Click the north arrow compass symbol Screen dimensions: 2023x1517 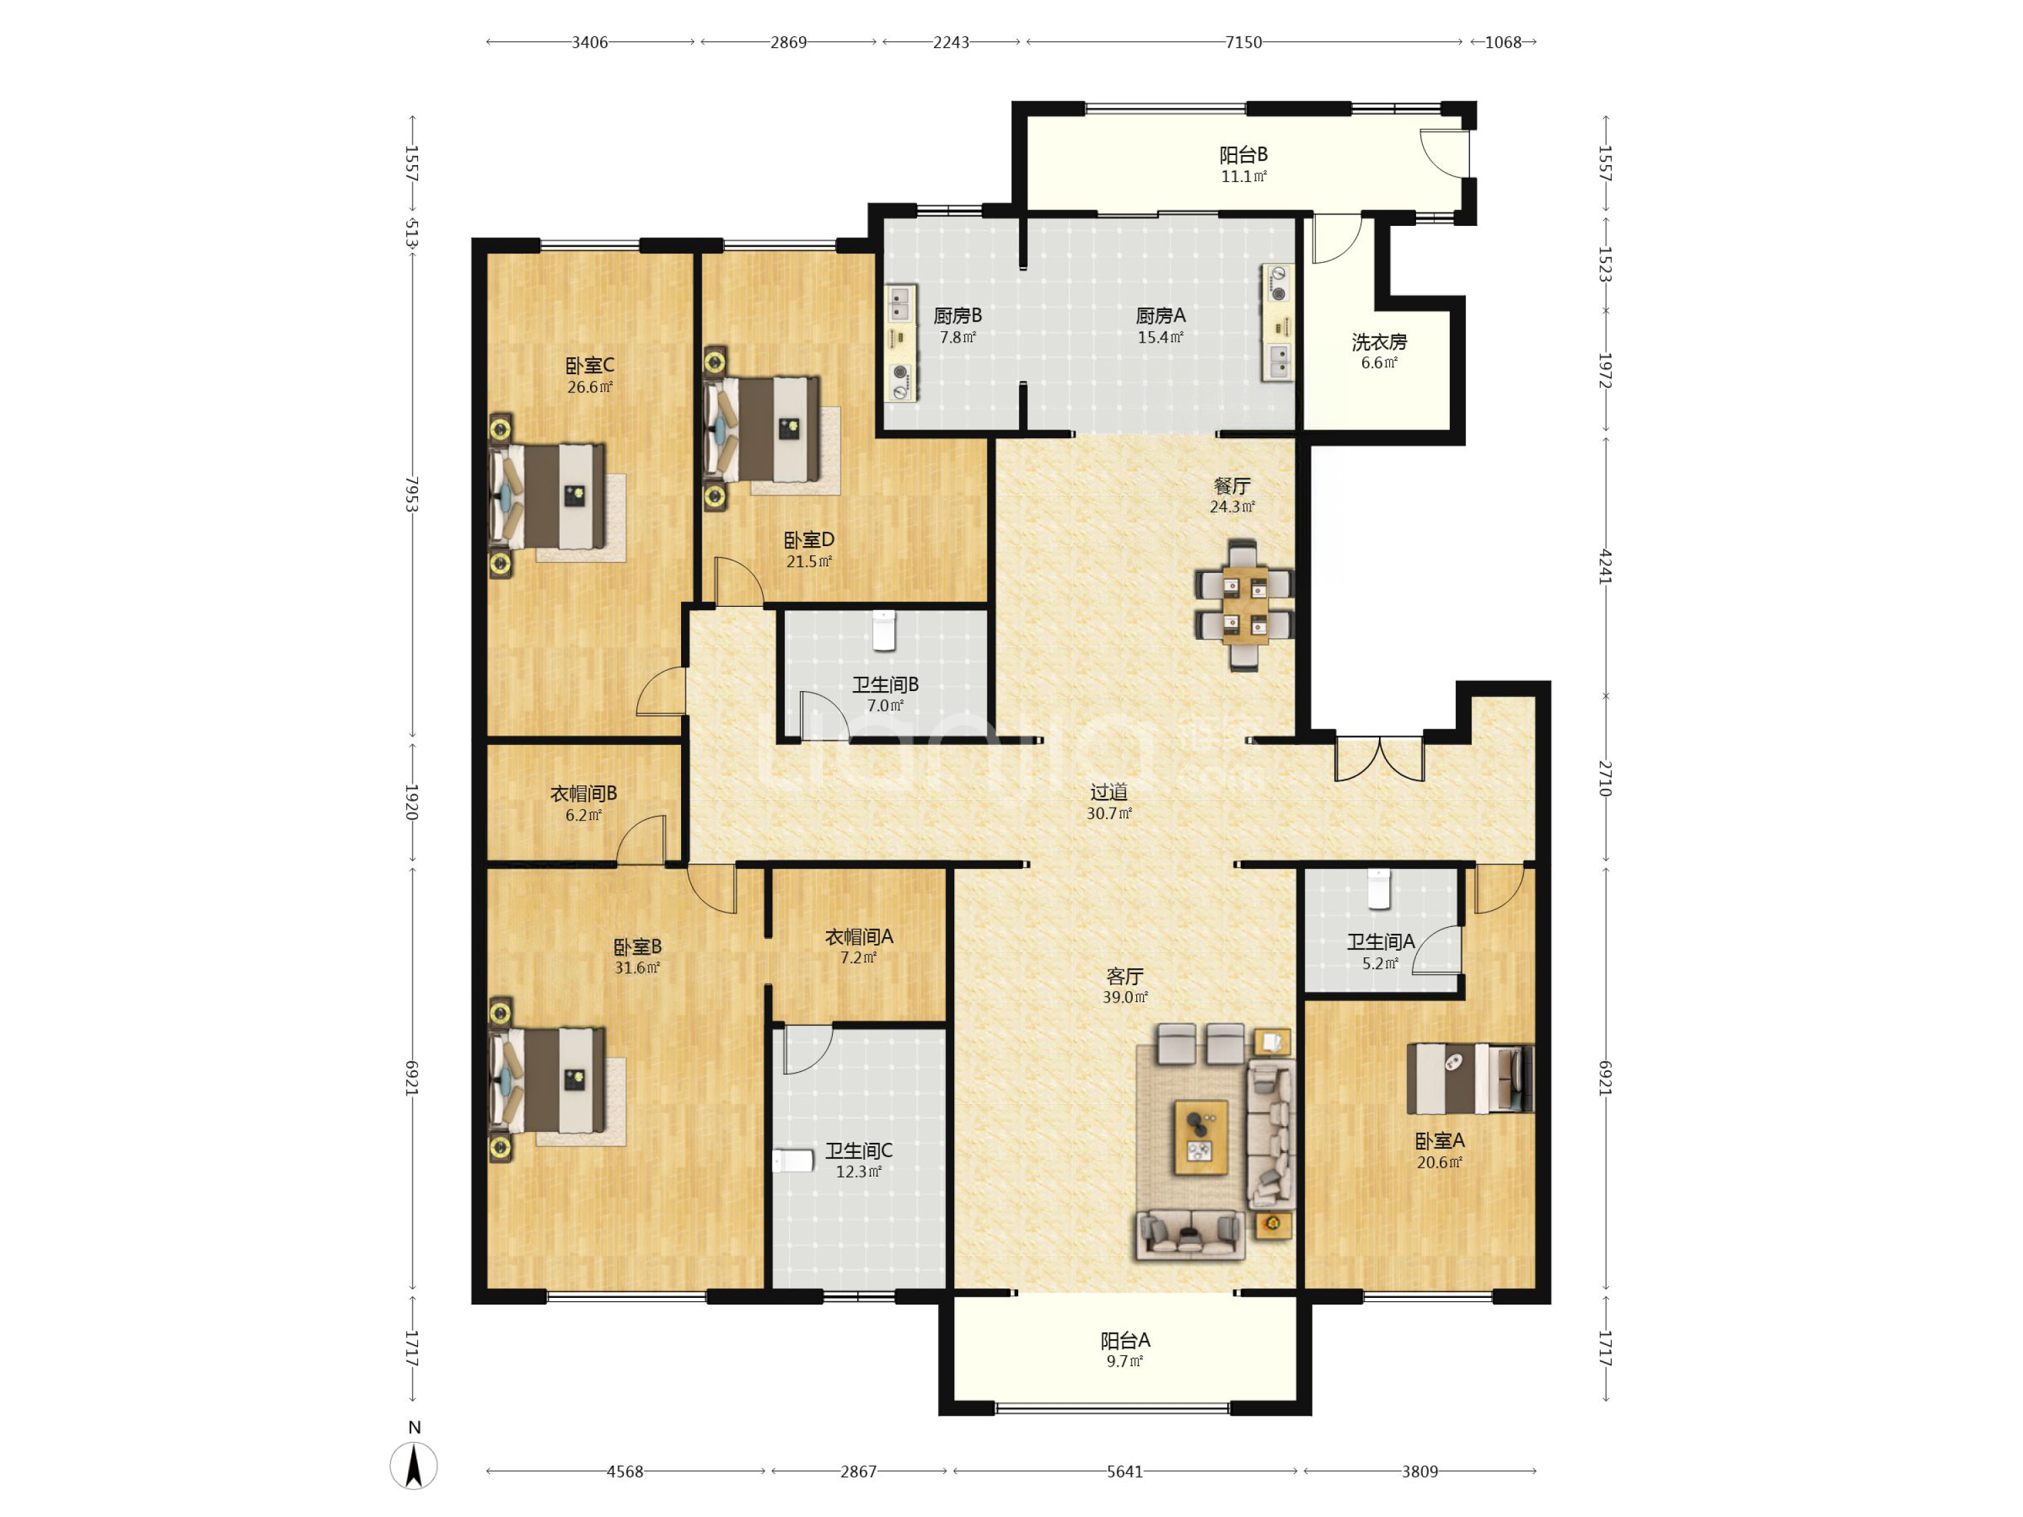coord(413,1466)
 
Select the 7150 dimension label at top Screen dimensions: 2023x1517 coord(1243,42)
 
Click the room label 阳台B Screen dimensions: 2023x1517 coord(1243,154)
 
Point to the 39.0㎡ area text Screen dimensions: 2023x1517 coord(1124,997)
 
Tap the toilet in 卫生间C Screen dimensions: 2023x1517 coord(792,1161)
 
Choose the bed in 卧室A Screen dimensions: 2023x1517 coord(1469,1079)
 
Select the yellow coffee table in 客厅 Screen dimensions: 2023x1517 coord(1201,1137)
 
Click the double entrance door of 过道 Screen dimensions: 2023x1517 coord(1379,759)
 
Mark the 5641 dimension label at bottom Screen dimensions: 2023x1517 coord(1124,1471)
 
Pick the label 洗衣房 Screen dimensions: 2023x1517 coord(1379,342)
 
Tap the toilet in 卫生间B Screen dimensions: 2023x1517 coord(883,630)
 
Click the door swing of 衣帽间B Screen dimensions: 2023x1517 coord(642,840)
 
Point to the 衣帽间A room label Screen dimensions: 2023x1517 coord(859,936)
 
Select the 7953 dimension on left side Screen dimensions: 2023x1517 coord(413,494)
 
